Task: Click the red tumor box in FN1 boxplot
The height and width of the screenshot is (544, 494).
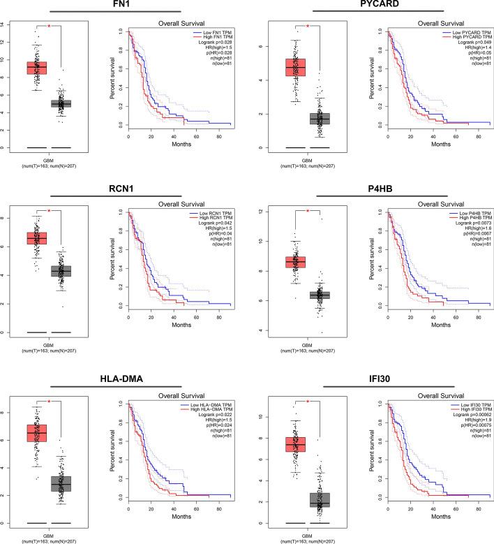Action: point(36,67)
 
